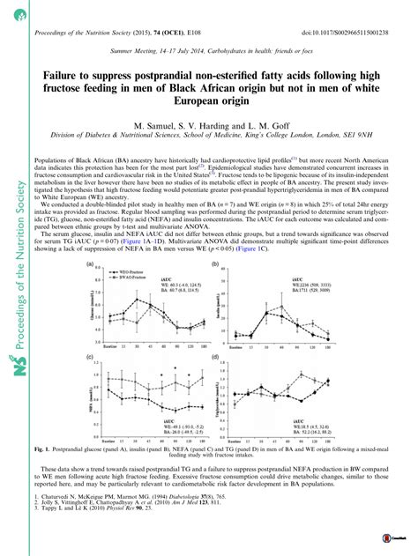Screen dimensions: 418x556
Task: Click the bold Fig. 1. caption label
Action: [x=88, y=450]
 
